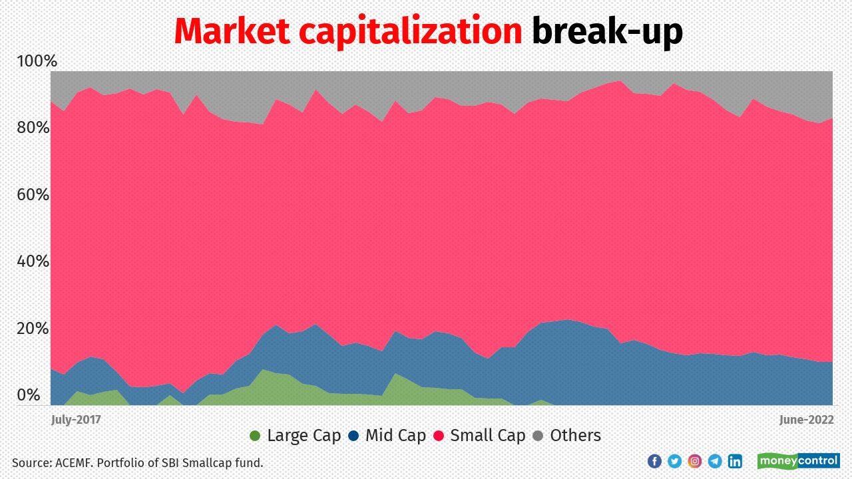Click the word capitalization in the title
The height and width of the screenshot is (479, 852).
[x=410, y=32]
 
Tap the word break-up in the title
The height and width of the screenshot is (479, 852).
[x=606, y=32]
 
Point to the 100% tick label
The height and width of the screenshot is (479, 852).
[x=37, y=61]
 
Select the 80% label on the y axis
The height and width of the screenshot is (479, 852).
[x=33, y=128]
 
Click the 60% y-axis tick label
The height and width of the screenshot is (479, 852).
[x=33, y=195]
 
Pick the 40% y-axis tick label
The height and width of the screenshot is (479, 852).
[x=33, y=261]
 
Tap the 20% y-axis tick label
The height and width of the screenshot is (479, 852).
[x=33, y=329]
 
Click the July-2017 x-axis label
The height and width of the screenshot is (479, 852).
[x=76, y=420]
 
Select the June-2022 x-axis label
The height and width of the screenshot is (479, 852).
[x=807, y=420]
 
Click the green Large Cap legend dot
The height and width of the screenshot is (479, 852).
[x=255, y=436]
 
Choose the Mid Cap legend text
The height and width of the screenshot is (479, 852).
[x=395, y=436]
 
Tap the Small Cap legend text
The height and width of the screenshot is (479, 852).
[x=487, y=436]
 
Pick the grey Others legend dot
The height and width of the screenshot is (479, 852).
[x=538, y=436]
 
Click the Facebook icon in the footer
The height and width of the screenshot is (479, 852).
[x=654, y=461]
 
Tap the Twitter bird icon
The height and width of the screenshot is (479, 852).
[x=674, y=461]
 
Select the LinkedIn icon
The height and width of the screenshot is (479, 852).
[x=735, y=461]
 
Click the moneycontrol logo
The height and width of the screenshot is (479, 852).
[x=798, y=460]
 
